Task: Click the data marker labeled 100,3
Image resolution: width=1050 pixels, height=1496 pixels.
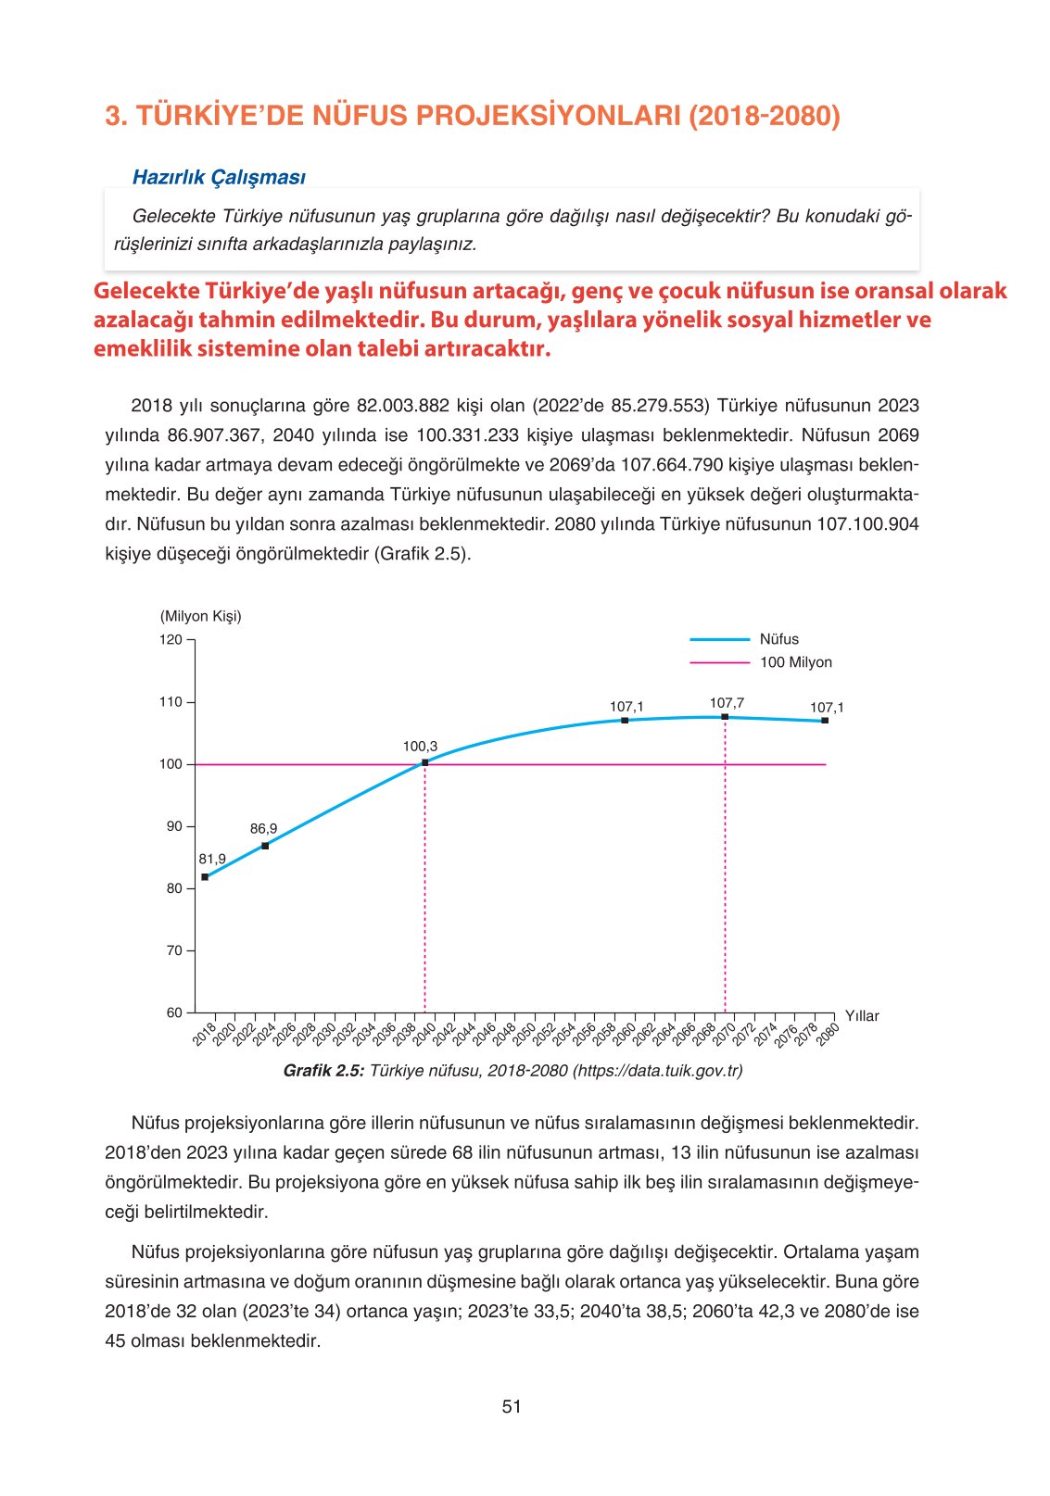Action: coord(424,762)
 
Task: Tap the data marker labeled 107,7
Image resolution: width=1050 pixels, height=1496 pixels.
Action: coord(725,717)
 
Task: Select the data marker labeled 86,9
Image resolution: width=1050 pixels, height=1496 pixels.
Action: coord(265,846)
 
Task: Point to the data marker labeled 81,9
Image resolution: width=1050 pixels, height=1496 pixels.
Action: coord(205,876)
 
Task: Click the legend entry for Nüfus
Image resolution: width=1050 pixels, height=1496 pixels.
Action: coord(778,639)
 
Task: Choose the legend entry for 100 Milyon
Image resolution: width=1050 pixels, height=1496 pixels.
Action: coord(795,662)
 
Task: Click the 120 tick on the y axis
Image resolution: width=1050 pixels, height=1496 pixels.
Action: coord(171,639)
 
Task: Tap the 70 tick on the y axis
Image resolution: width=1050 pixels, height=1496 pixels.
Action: coord(174,950)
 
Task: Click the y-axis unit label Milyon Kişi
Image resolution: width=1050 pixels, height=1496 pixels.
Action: coord(201,616)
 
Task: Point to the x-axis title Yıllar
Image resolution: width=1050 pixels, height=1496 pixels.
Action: coord(862,1016)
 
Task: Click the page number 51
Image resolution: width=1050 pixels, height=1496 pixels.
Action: coord(512,1406)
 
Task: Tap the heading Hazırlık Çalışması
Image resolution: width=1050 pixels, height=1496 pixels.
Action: coord(219,177)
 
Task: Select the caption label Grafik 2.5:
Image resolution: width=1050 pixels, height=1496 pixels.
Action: coord(323,1071)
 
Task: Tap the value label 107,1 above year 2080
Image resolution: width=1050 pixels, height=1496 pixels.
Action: coord(827,708)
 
